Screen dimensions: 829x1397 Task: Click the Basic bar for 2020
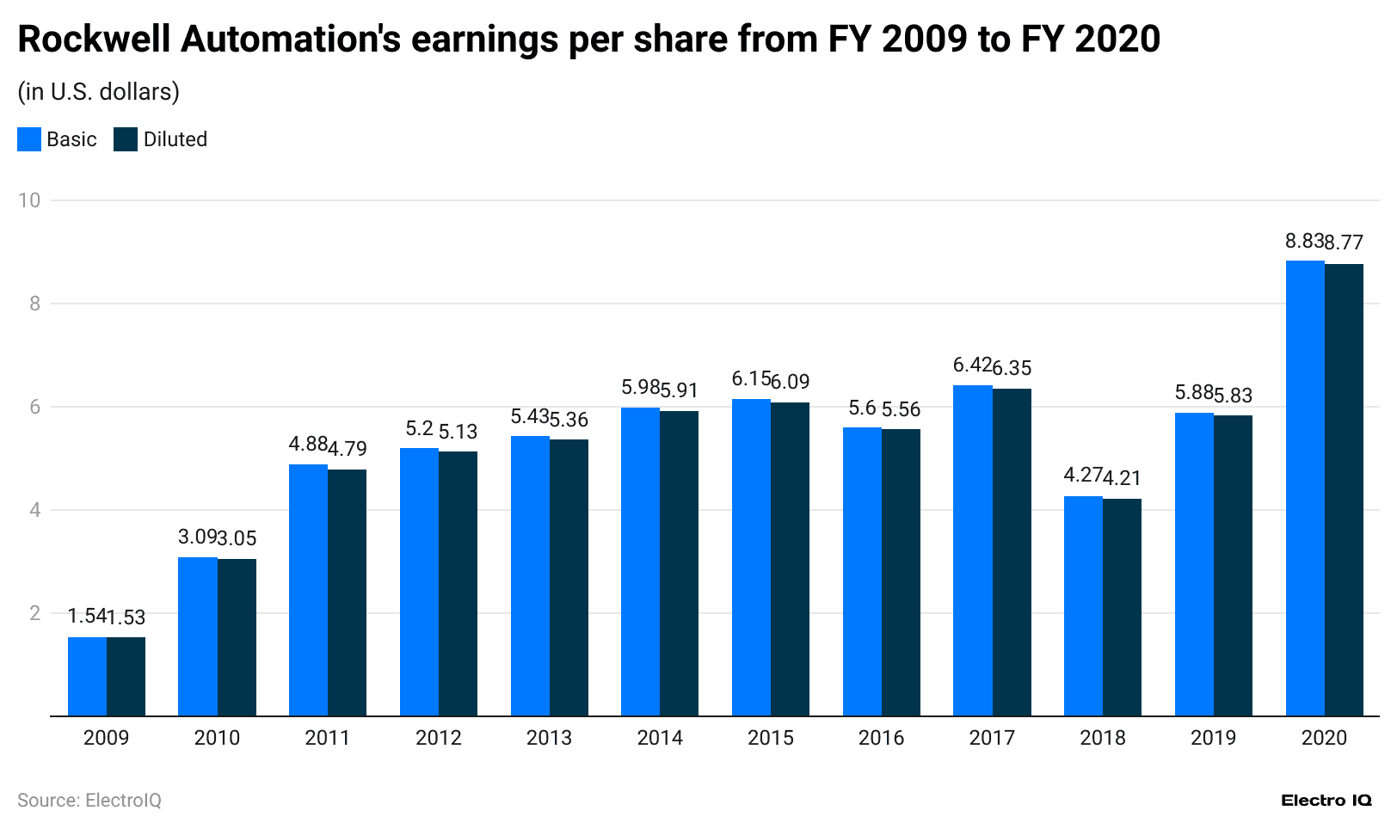1305,488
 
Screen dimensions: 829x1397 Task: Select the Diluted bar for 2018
1122,607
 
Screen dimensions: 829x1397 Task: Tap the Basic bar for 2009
87,676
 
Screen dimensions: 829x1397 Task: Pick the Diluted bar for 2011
347,593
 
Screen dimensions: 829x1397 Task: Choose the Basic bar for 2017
972,550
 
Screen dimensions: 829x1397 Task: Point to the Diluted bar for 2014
679,563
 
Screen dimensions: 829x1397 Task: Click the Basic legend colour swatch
29,139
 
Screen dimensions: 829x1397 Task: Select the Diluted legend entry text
175,139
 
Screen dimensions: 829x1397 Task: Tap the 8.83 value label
1304,241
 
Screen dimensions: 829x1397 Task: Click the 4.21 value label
1122,477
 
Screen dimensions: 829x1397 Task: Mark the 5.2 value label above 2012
419,428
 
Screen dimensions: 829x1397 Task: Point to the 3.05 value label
237,538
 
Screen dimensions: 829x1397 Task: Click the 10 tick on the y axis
29,200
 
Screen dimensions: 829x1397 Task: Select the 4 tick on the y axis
34,510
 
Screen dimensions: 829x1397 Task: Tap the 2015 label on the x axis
770,738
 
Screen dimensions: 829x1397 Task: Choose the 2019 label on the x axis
1213,738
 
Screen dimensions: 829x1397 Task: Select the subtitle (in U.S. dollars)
98,92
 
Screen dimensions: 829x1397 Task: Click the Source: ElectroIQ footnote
89,801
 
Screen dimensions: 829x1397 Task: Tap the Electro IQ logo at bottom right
1326,801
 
